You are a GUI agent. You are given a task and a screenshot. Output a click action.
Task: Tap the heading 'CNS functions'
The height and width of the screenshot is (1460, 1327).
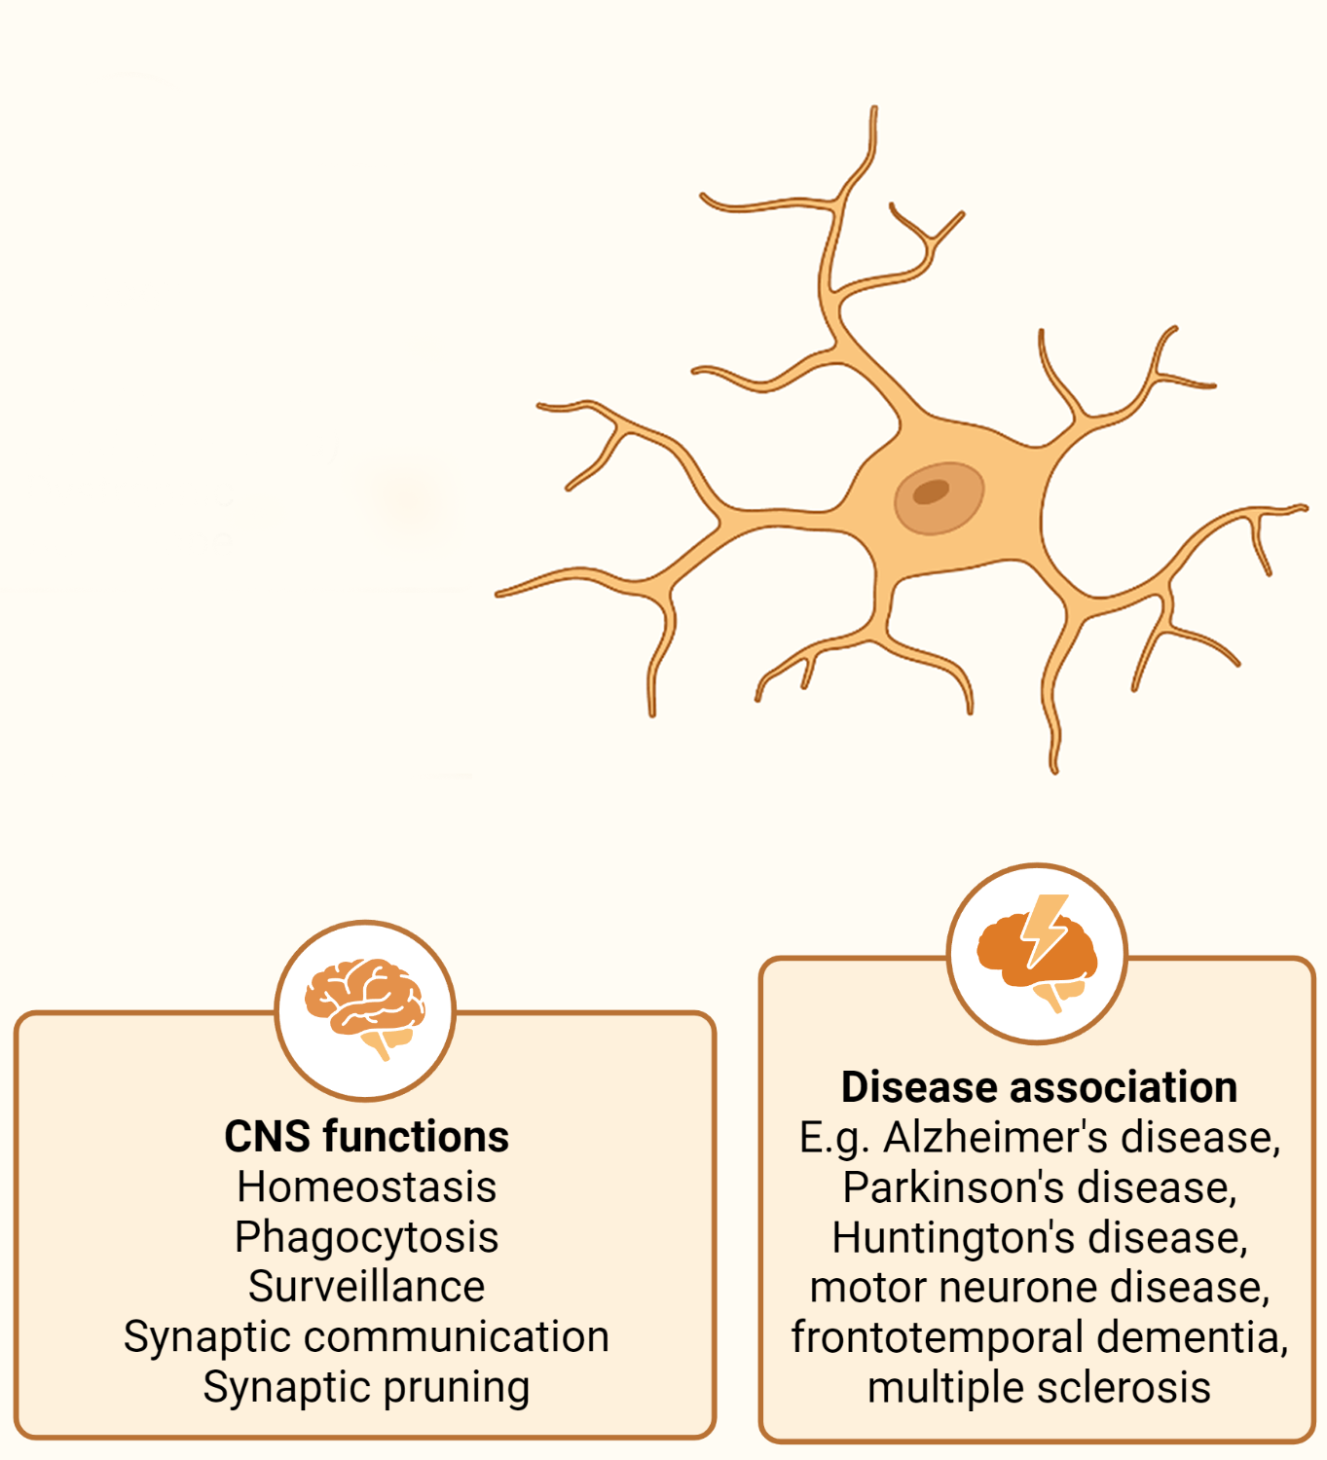(x=366, y=1137)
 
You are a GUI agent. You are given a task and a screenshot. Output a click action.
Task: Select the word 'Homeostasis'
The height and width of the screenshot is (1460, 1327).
(x=366, y=1187)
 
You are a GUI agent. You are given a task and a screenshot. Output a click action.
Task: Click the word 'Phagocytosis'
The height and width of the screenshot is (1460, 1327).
(x=366, y=1237)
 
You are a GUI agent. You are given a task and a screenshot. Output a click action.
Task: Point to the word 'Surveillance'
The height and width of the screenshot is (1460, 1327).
(x=366, y=1287)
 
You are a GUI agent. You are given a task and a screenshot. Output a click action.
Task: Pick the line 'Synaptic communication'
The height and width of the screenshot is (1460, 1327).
(x=366, y=1336)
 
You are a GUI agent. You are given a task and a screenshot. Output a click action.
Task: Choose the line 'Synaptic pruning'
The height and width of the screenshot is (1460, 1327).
(x=366, y=1387)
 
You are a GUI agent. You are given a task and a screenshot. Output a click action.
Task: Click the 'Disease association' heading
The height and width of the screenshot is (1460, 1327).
(x=1039, y=1087)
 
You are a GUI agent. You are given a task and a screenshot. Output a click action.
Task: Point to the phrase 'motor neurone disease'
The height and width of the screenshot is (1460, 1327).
(x=1038, y=1288)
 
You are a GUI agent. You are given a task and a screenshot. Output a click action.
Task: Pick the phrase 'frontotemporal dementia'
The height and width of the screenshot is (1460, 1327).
(x=1038, y=1337)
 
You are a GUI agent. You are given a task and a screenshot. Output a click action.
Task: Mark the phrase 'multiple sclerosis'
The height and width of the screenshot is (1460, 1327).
(x=1039, y=1388)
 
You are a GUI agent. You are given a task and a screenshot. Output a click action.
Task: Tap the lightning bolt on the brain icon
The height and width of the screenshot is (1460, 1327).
(x=1044, y=929)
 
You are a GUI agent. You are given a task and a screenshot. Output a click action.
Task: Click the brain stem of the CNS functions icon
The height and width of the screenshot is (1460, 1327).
(x=380, y=1045)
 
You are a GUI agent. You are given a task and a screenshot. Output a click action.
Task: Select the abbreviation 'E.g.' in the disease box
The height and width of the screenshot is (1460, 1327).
(x=833, y=1138)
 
